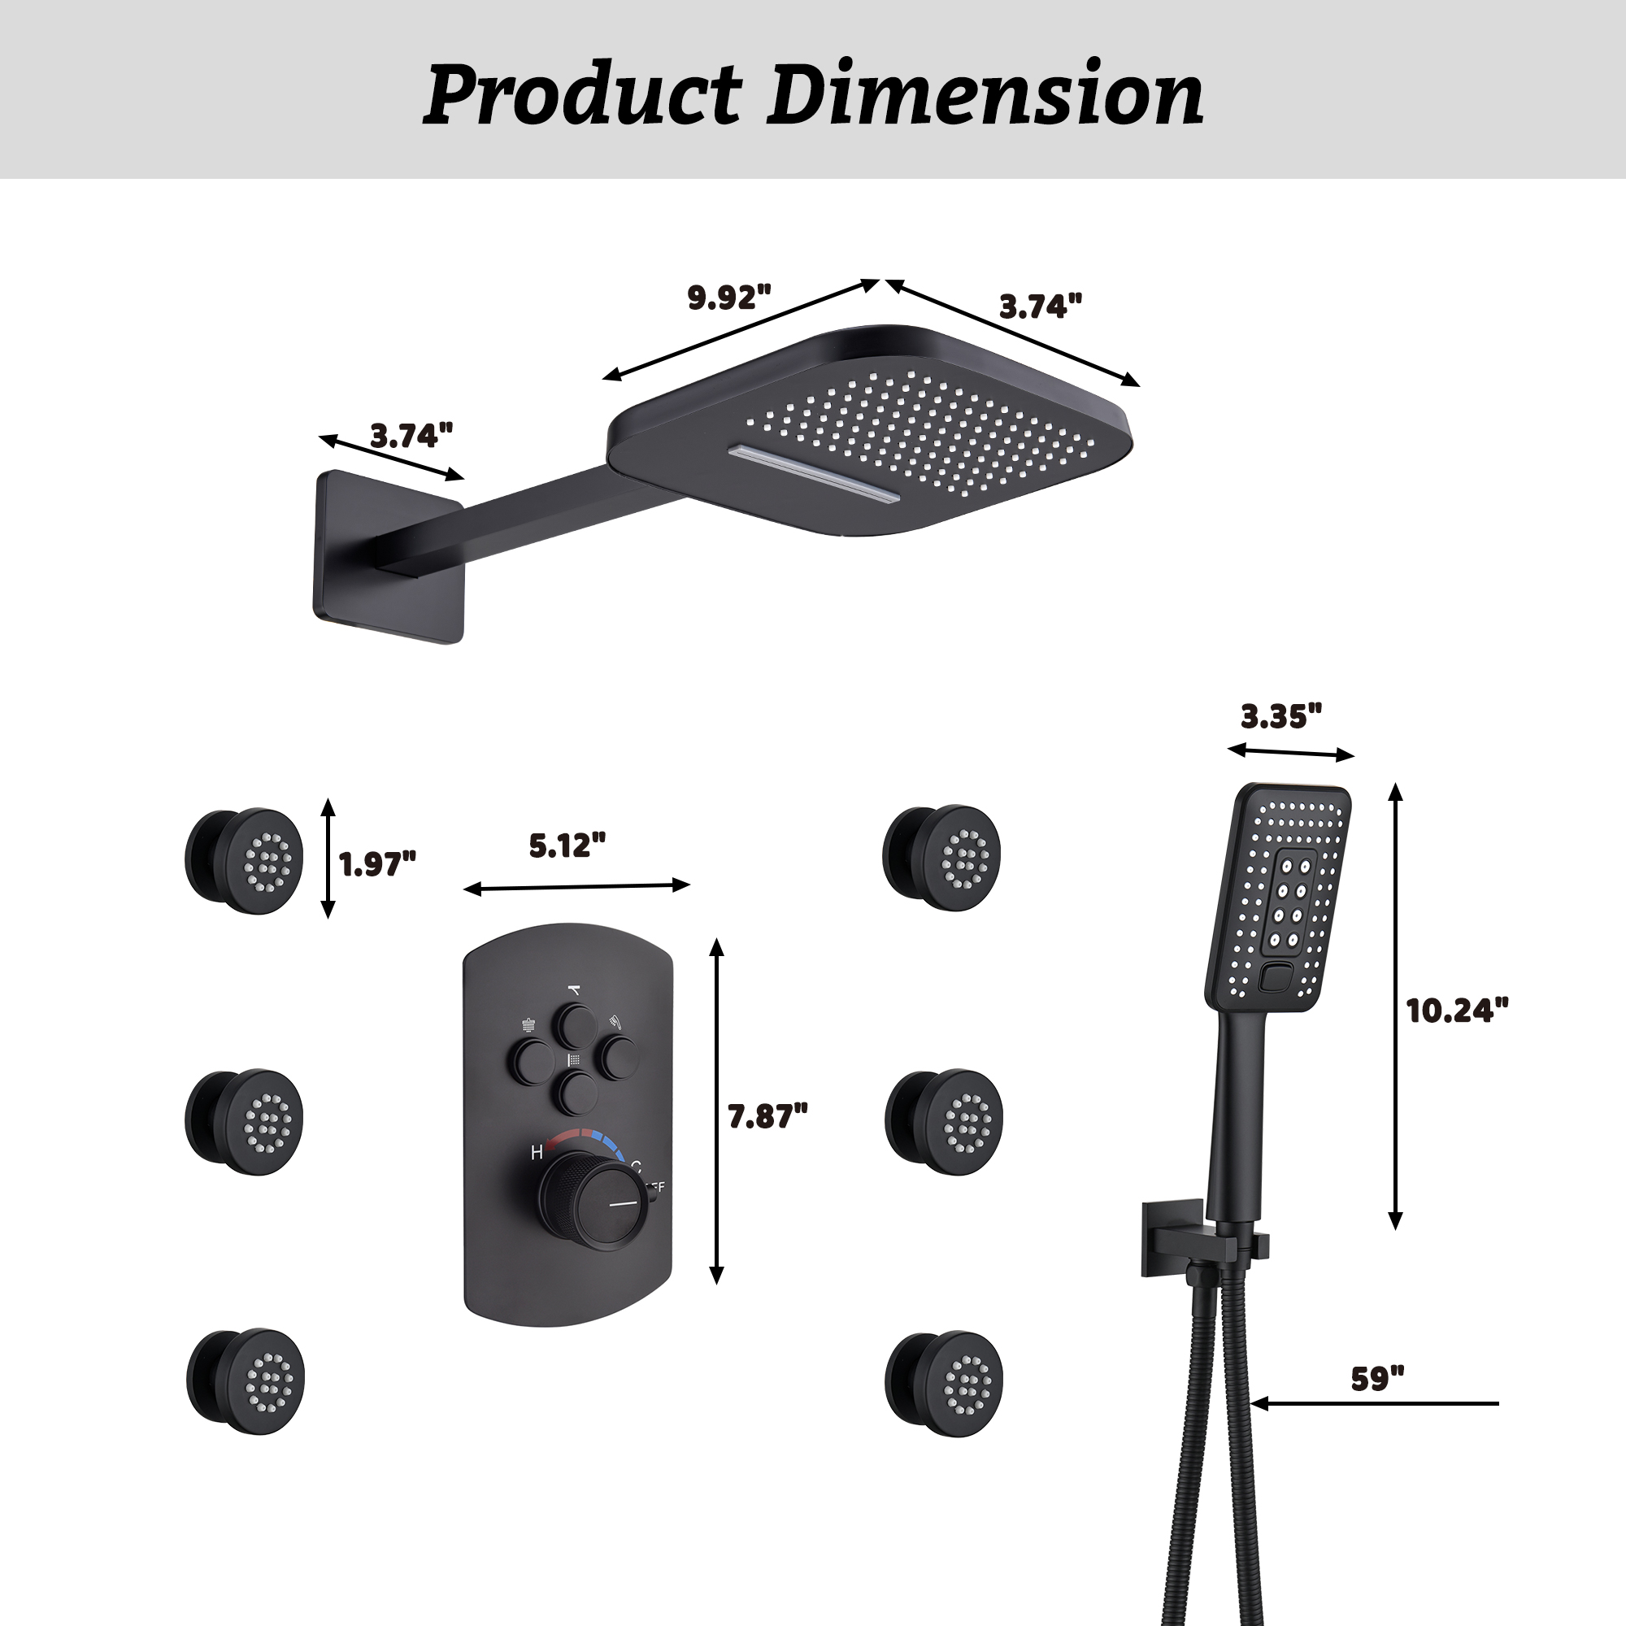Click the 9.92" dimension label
728,298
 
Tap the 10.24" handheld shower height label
1457,1011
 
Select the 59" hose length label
1378,1380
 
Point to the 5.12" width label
567,846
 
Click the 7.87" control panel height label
767,1117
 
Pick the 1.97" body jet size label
377,863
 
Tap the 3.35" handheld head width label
1281,716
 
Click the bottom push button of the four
579,1093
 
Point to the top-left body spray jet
244,861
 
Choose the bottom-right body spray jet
943,1384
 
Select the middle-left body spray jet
244,1122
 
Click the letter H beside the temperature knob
536,1153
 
